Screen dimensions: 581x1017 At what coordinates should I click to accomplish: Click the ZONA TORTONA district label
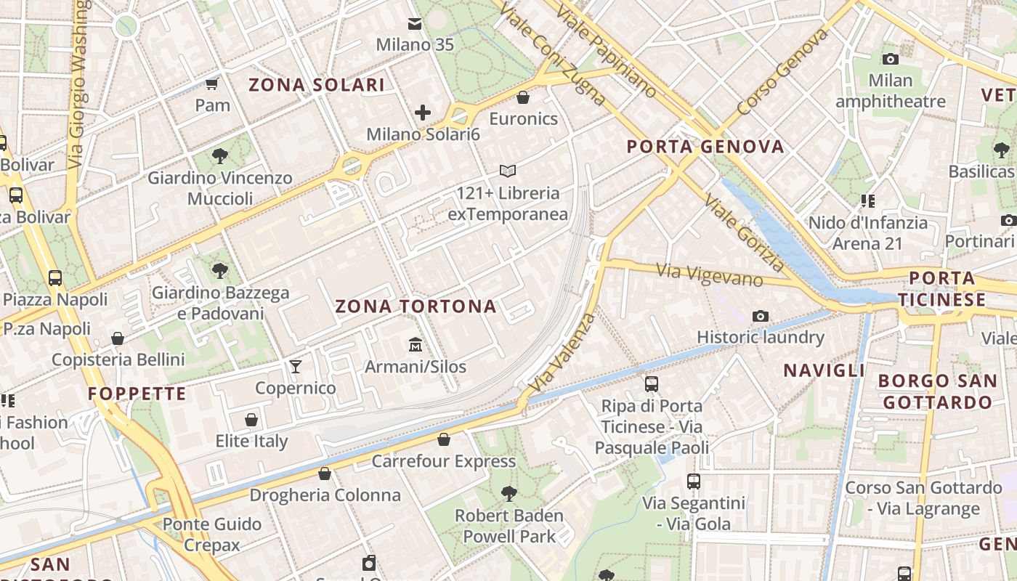click(x=416, y=306)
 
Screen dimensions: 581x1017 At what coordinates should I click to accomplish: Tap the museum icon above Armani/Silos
click(x=415, y=344)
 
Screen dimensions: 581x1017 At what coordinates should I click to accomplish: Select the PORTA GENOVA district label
click(x=705, y=147)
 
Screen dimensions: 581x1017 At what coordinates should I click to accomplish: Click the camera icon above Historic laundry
click(x=761, y=316)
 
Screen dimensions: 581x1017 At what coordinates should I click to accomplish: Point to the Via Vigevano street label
click(x=710, y=275)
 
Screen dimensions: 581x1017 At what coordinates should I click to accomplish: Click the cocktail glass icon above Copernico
click(x=295, y=366)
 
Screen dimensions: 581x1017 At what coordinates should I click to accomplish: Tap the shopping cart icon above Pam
click(x=212, y=84)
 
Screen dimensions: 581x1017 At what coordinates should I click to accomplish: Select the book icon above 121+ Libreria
click(x=508, y=171)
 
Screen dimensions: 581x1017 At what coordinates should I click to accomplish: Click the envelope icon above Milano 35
click(x=415, y=24)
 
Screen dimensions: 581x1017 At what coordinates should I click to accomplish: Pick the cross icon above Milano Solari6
click(x=423, y=113)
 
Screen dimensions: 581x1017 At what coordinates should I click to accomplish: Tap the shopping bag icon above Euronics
click(x=523, y=97)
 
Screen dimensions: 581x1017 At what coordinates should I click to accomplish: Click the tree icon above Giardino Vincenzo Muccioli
click(x=219, y=156)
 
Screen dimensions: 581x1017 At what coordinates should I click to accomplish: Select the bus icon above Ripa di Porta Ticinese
click(x=652, y=384)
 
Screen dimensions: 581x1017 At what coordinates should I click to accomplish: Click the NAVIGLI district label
click(x=824, y=370)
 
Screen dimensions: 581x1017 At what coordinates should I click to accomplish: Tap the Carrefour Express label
click(x=444, y=461)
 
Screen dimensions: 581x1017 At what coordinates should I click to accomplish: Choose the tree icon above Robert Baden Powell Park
click(x=509, y=494)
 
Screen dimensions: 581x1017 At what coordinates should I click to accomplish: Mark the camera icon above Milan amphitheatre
click(x=890, y=59)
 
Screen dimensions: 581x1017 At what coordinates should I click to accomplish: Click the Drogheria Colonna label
click(x=325, y=495)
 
